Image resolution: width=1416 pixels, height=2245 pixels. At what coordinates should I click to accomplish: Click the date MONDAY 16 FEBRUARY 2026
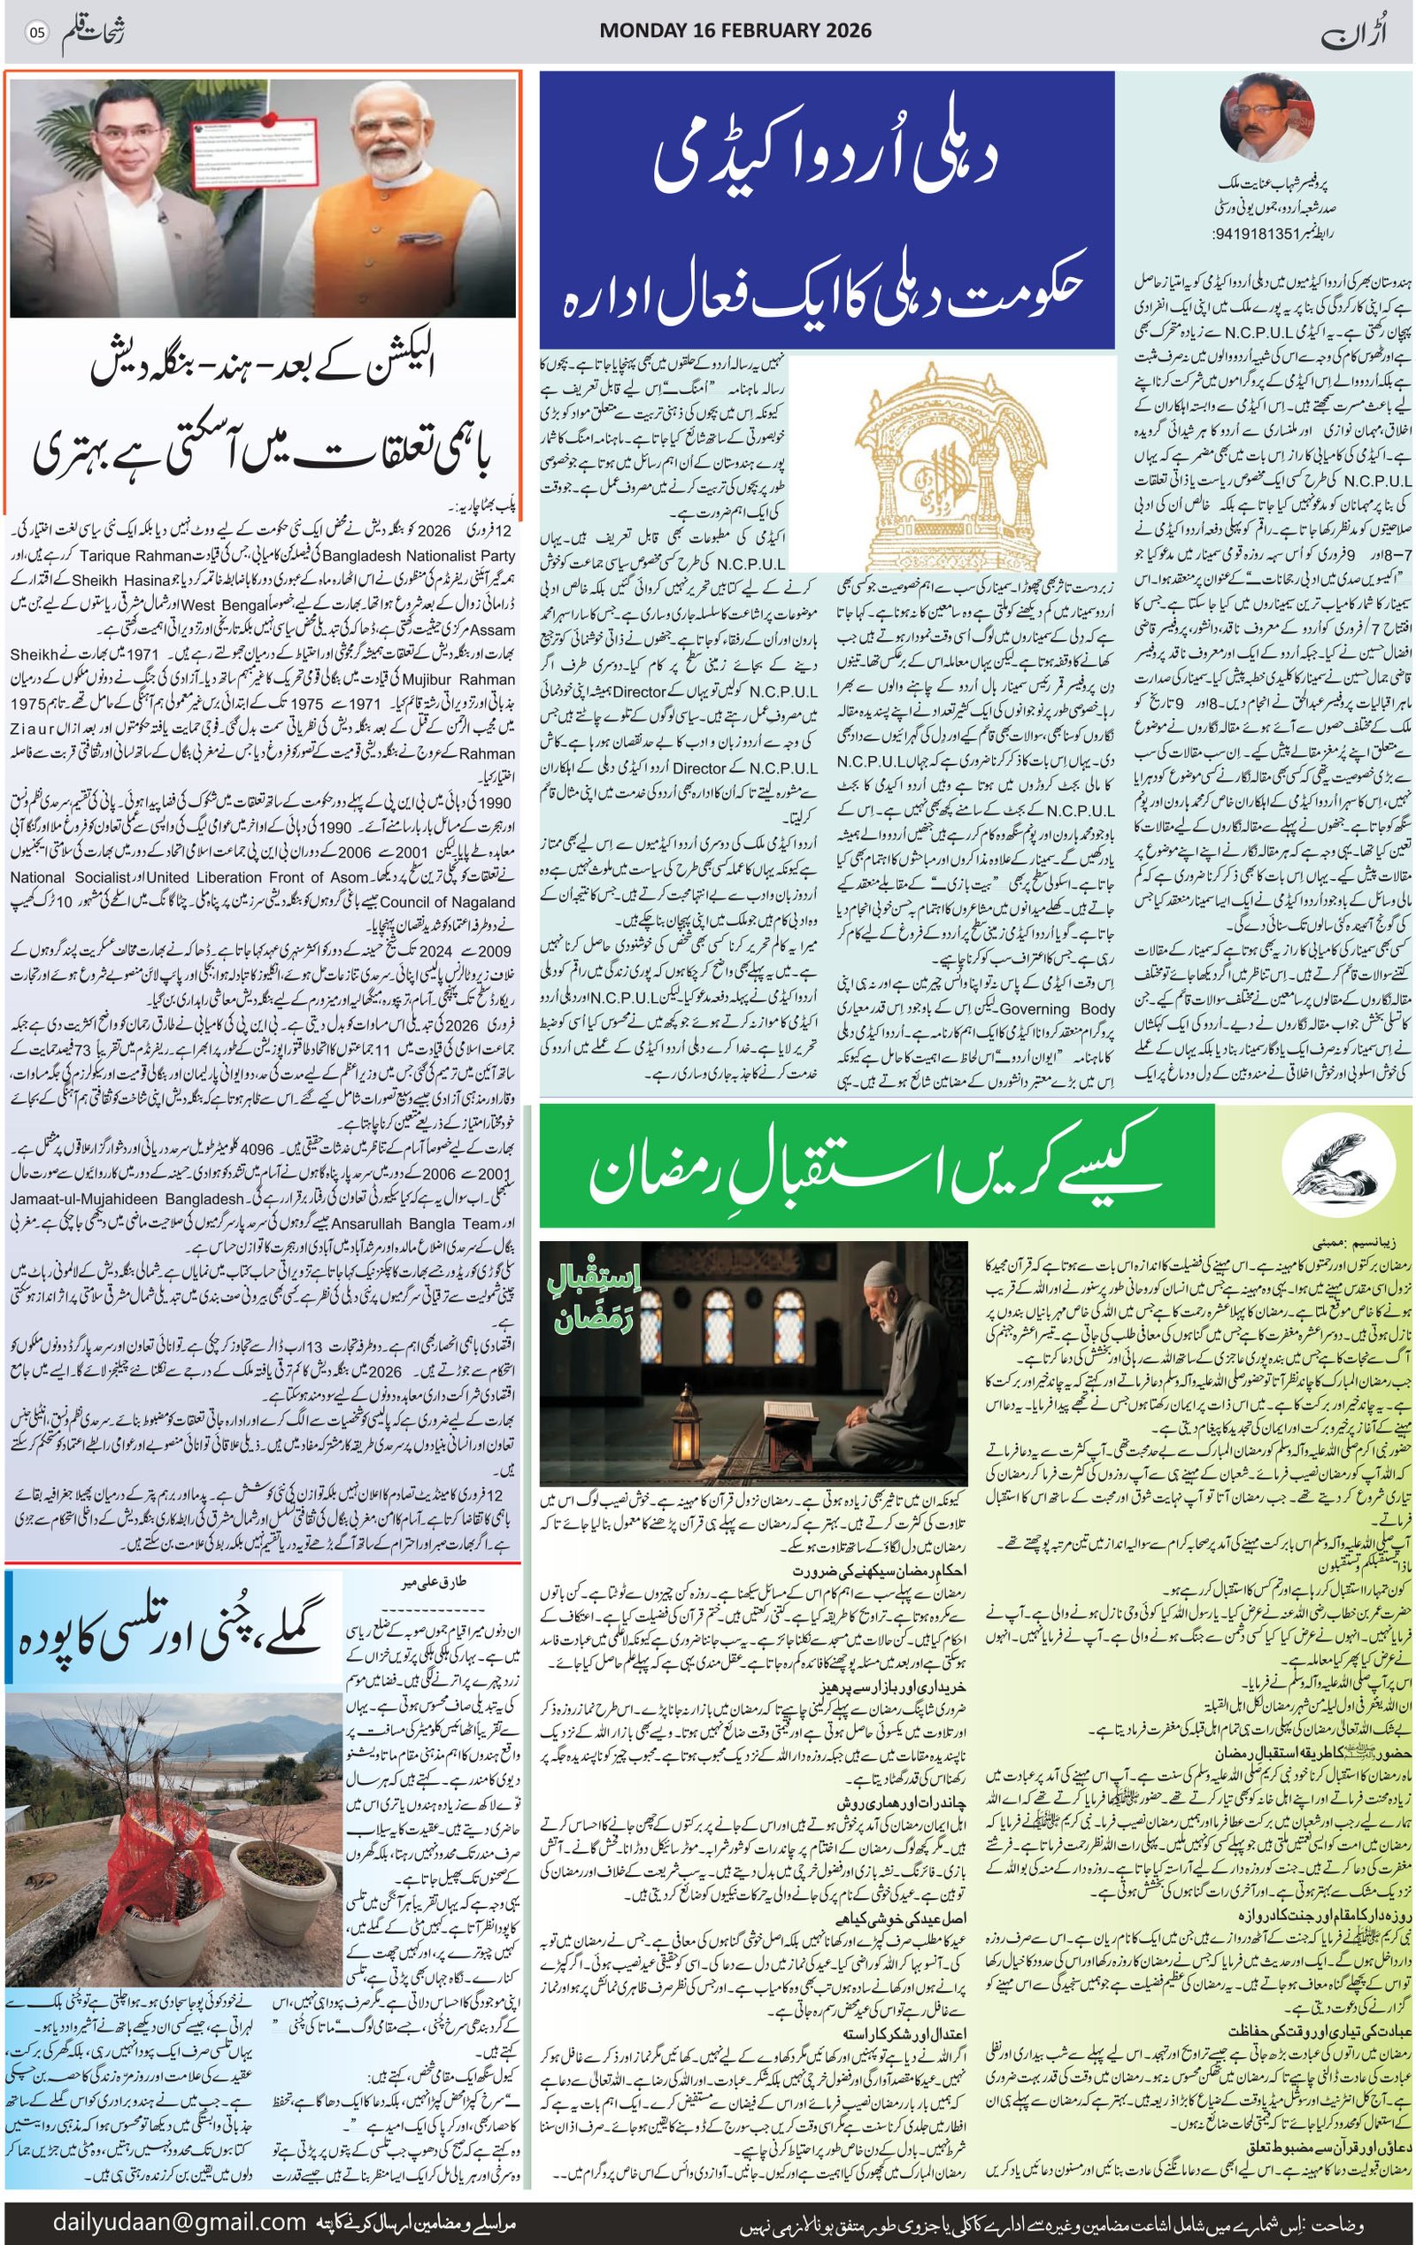tap(735, 31)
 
